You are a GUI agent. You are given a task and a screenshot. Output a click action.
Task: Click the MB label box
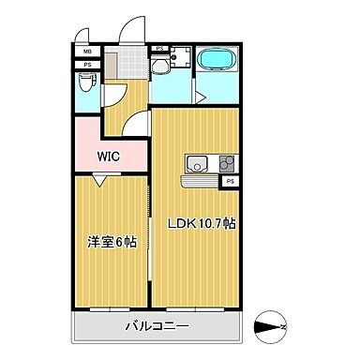[87, 52]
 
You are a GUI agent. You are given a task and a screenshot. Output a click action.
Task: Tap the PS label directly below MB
[87, 64]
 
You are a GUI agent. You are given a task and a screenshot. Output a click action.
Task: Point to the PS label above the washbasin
[159, 49]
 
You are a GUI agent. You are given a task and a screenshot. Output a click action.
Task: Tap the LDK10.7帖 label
[202, 225]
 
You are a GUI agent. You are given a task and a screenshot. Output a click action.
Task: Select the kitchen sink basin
[199, 164]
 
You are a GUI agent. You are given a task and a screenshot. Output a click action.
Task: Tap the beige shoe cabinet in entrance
[112, 67]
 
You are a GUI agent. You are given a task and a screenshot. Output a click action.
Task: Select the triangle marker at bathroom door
[200, 95]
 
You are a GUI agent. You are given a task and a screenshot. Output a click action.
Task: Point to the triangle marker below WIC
[97, 184]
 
